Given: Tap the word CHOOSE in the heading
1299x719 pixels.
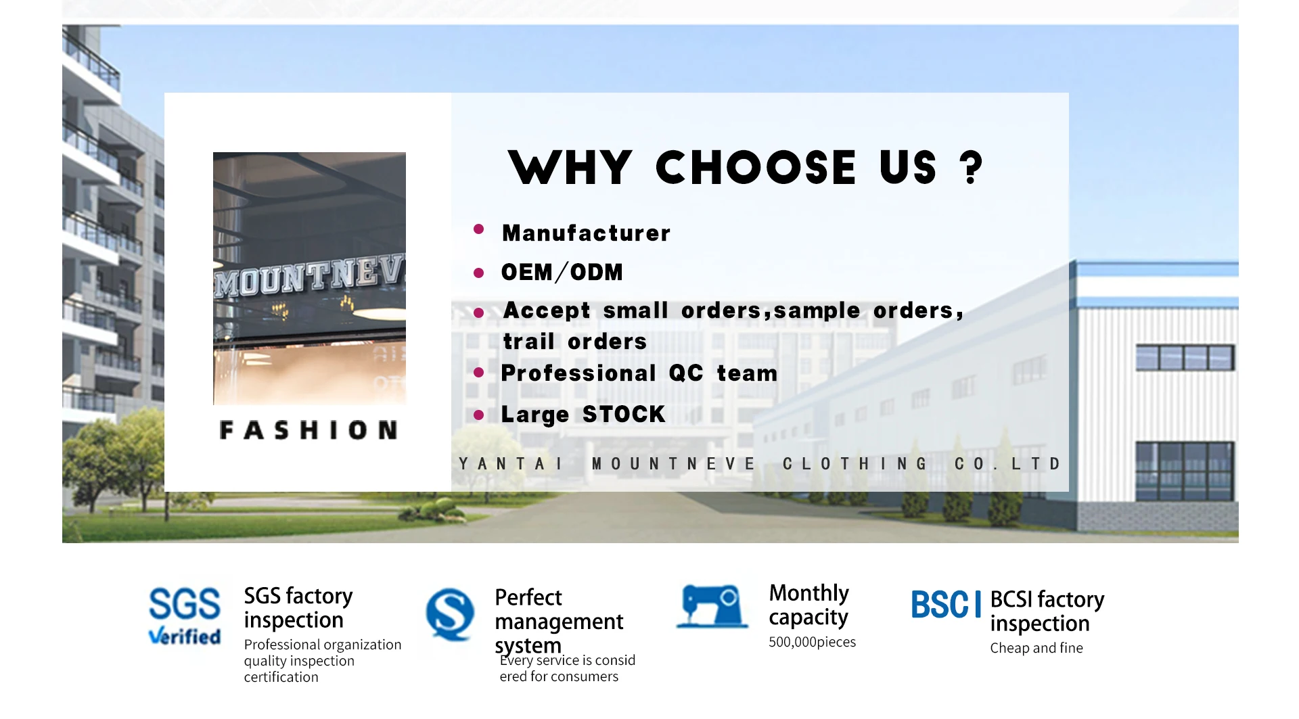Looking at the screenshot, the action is click(x=756, y=168).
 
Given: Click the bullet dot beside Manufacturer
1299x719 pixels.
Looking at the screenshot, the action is click(x=479, y=229).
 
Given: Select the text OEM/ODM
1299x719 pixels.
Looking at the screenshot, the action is click(x=562, y=272).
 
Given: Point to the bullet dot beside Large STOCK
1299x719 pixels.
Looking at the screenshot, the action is click(x=479, y=415).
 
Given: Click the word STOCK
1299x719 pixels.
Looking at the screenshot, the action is click(x=624, y=414).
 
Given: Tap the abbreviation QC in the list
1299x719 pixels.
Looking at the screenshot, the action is click(x=686, y=373).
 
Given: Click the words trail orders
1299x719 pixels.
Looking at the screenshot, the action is click(x=575, y=341).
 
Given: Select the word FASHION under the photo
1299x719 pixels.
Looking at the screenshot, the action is click(x=309, y=430).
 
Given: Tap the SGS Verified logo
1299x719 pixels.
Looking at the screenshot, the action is click(x=184, y=616).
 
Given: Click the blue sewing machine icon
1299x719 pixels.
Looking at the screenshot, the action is click(x=712, y=607).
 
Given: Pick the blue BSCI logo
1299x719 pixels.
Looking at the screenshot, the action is click(x=946, y=605).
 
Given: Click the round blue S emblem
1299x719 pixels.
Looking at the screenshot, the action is click(x=450, y=614).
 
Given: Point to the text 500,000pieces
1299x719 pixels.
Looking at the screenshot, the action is click(x=812, y=642).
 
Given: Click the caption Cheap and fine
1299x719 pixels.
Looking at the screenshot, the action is click(x=1036, y=648).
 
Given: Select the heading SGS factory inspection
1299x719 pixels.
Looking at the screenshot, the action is click(x=298, y=608).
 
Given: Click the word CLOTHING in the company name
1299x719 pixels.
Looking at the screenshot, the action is click(x=855, y=464).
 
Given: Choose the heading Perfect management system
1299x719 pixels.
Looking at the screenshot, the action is click(x=559, y=622).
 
